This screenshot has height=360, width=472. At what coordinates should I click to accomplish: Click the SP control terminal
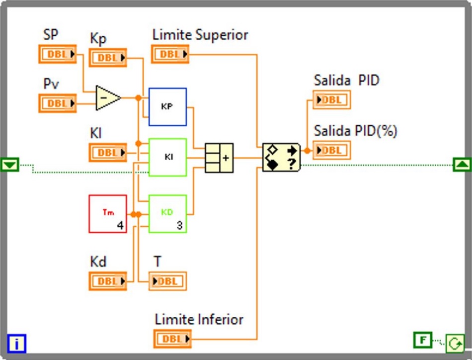58,54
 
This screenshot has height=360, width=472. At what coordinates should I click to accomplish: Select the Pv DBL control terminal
58,103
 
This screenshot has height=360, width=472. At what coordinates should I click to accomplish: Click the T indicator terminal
168,281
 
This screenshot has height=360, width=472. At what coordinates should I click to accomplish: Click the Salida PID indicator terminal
332,99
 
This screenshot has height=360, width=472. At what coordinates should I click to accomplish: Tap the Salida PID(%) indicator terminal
332,150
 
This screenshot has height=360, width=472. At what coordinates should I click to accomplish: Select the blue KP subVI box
167,107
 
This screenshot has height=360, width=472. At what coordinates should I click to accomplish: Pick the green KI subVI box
167,157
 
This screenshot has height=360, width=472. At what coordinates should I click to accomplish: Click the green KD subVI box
167,214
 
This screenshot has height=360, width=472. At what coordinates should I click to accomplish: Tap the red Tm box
108,214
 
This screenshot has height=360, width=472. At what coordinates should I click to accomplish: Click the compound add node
219,158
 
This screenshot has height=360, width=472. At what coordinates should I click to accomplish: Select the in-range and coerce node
281,157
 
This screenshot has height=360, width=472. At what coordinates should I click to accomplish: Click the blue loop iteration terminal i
17,343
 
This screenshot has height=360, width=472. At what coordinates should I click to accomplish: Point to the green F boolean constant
423,340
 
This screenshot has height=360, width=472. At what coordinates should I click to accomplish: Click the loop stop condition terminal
455,343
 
